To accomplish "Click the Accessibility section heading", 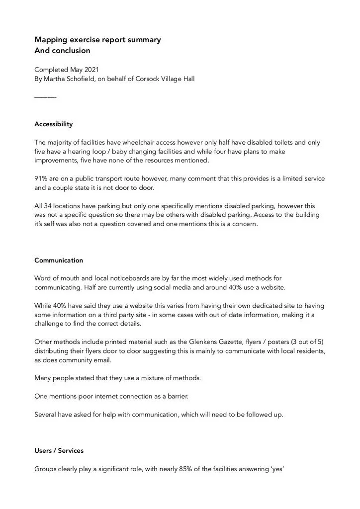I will click(53, 124).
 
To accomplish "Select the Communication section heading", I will click(59, 260).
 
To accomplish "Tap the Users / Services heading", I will click(59, 450).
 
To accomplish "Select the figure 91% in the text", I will click(41, 178).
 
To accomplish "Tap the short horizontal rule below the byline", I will click(45, 97).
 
